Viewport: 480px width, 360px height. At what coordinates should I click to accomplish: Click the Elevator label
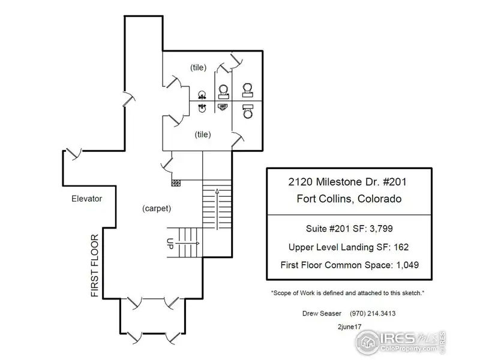86,199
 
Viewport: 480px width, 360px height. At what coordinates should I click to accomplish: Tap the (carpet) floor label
157,208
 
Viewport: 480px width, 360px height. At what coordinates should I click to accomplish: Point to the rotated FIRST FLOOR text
95,265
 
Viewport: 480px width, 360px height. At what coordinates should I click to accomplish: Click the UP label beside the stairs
170,244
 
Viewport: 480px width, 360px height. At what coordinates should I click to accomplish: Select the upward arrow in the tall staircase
217,209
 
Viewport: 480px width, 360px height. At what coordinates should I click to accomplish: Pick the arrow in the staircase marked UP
188,244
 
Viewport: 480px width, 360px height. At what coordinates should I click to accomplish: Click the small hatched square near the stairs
176,183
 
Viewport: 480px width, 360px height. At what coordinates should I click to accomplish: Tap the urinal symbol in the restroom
223,107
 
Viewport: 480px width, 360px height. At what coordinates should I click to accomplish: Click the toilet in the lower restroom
248,112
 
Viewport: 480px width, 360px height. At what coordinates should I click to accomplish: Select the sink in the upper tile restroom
202,95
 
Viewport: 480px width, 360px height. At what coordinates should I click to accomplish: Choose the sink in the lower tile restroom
202,108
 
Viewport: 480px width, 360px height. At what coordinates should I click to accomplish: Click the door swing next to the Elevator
74,154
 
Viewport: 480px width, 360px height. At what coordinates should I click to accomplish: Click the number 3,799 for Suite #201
381,229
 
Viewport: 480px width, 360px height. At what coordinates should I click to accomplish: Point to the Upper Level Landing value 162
401,247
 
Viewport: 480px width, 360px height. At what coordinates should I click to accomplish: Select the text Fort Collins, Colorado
349,199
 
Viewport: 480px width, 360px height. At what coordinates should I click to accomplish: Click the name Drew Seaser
322,313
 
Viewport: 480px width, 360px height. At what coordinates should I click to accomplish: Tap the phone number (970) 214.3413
373,313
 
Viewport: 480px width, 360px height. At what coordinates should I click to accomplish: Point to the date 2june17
350,326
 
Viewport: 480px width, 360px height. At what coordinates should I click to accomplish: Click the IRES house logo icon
367,342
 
